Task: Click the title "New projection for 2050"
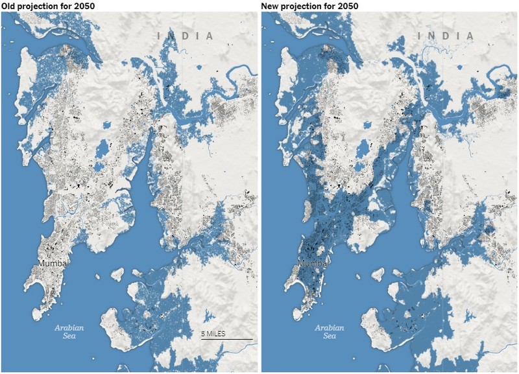tap(309, 5)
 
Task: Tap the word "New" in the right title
tap(271, 5)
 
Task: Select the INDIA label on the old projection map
tap(187, 36)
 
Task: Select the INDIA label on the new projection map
tap(448, 36)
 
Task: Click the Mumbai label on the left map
tap(54, 263)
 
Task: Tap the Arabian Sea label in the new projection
tap(330, 331)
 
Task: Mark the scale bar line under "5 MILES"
tap(226, 338)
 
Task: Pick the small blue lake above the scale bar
tap(208, 317)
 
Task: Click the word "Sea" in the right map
tap(330, 336)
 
